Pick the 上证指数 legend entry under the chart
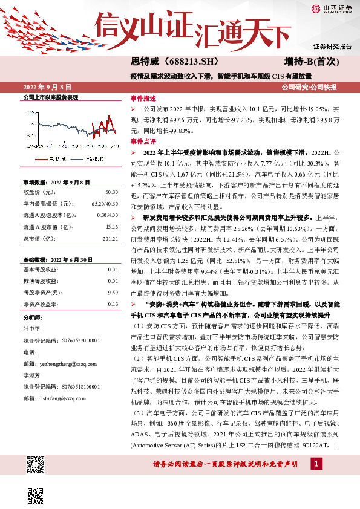[x=91, y=159]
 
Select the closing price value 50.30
[x=111, y=192]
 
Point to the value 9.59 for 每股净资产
[x=113, y=292]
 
